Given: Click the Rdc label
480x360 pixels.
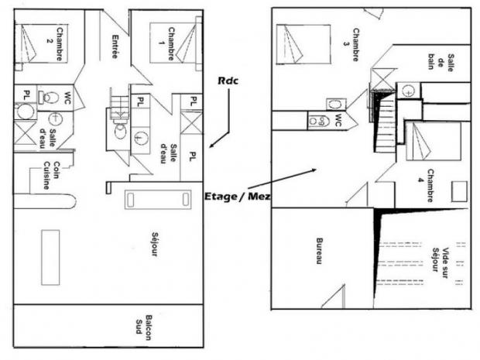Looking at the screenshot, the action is [x=228, y=81].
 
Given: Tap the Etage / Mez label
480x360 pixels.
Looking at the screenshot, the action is [x=238, y=196].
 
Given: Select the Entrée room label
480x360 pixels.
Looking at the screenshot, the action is [x=115, y=46].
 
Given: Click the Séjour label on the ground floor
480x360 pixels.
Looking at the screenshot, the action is [x=154, y=244].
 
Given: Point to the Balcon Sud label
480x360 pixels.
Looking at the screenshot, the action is [x=144, y=327].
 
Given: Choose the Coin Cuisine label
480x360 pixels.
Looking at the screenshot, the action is [x=51, y=175].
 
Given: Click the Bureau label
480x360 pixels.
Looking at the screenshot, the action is [x=319, y=251].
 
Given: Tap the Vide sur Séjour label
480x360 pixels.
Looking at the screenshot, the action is [x=441, y=259].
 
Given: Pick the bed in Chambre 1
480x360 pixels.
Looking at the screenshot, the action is [x=173, y=43].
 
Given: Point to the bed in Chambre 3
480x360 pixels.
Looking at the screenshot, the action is [x=303, y=44].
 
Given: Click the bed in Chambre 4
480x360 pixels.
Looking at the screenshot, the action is [x=434, y=141].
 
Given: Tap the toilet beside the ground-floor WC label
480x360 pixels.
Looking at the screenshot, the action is [x=48, y=98].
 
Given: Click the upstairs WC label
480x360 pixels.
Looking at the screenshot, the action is [x=338, y=120].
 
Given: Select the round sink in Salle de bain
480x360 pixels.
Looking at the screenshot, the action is [x=408, y=91].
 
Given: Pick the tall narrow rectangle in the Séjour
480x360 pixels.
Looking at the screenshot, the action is [x=50, y=258].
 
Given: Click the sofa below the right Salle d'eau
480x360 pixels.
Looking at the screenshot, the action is [x=158, y=200].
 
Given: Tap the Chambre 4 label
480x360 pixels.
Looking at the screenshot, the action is [x=426, y=186].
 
